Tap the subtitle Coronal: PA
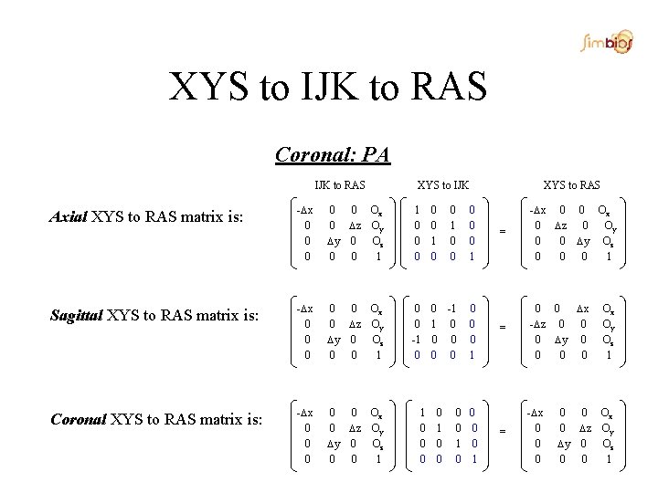333,154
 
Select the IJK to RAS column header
339,185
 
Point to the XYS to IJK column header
443,185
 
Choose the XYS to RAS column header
571,185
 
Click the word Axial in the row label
69,216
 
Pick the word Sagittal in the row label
76,317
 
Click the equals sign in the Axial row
503,231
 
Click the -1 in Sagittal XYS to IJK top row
452,309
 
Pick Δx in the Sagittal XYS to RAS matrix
584,309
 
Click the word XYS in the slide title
212,87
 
